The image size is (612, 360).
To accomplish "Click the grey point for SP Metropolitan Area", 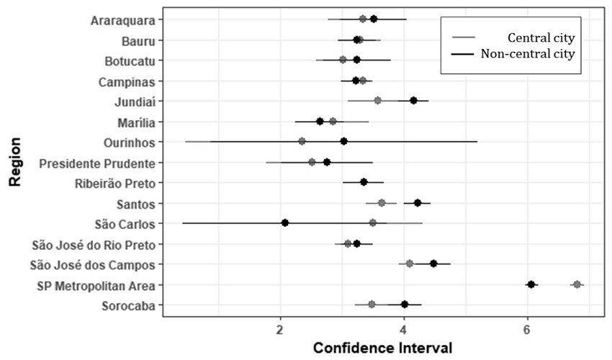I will pos(577,284).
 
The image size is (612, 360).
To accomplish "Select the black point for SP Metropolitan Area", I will pos(531,284).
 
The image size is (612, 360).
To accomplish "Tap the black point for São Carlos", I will pos(285,223).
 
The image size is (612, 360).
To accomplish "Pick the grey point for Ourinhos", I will pos(302,141).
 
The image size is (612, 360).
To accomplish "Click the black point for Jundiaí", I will pos(413,100).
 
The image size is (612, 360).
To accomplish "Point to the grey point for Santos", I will pos(382,203).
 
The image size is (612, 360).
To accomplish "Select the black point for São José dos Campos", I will pos(433,264).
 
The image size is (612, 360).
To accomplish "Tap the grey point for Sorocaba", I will pos(372,305).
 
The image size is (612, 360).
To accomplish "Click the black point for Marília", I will pos(320,121).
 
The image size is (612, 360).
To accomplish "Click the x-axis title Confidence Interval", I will pos(382,348).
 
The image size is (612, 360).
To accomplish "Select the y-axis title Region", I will pos(14,162).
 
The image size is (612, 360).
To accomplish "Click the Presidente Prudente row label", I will pos(100,163).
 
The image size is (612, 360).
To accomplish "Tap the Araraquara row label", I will pos(127,19).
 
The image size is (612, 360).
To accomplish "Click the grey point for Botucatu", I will pos(343,60).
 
